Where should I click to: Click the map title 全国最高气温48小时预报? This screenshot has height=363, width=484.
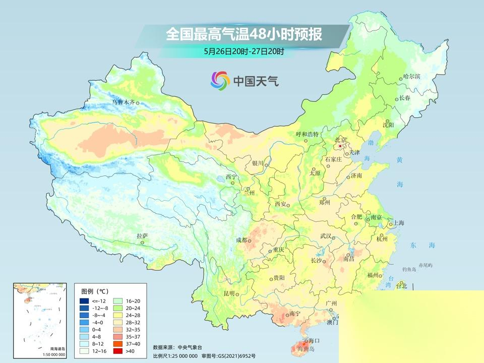tap(244, 35)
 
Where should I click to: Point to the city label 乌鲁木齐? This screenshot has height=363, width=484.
tap(124, 102)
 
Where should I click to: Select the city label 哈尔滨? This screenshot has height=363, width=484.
tap(411, 76)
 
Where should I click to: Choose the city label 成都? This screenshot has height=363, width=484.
tap(242, 240)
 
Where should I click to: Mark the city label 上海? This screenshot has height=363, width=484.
tap(399, 222)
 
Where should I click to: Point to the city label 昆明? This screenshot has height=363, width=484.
tap(229, 293)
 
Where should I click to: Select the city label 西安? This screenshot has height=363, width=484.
tap(280, 204)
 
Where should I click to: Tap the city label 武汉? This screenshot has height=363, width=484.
tap(325, 236)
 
